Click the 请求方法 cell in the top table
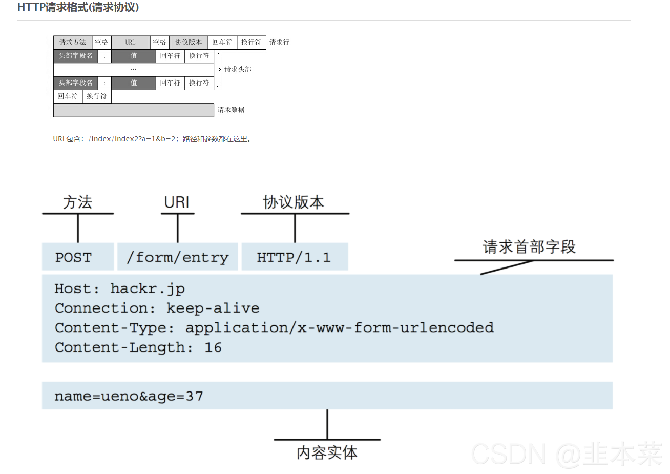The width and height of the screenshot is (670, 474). click(x=72, y=43)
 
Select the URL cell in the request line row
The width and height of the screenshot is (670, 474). click(x=130, y=43)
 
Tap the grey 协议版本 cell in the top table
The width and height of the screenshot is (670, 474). click(x=189, y=43)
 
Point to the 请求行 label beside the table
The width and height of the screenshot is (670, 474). click(x=279, y=43)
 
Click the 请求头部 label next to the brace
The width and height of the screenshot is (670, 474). click(x=238, y=69)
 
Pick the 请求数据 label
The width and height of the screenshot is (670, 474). click(x=231, y=110)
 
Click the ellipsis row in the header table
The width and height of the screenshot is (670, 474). click(x=133, y=69)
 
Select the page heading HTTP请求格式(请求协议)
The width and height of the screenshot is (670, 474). click(x=78, y=7)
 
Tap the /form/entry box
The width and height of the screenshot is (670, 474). click(x=177, y=257)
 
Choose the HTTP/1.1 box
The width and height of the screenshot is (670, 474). click(x=294, y=257)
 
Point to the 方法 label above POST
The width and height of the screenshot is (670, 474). click(x=77, y=202)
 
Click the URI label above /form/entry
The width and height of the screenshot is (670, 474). click(x=177, y=202)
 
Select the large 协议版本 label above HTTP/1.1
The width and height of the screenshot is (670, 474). click(x=294, y=202)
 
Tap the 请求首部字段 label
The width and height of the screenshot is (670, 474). click(x=529, y=247)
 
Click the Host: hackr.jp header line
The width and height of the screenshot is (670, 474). click(x=119, y=289)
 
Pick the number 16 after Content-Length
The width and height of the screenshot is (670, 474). click(x=213, y=347)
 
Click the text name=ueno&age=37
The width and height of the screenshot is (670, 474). click(x=129, y=396)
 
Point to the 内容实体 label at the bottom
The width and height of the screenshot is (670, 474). click(x=327, y=452)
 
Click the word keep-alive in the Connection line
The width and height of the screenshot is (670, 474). click(x=213, y=308)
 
